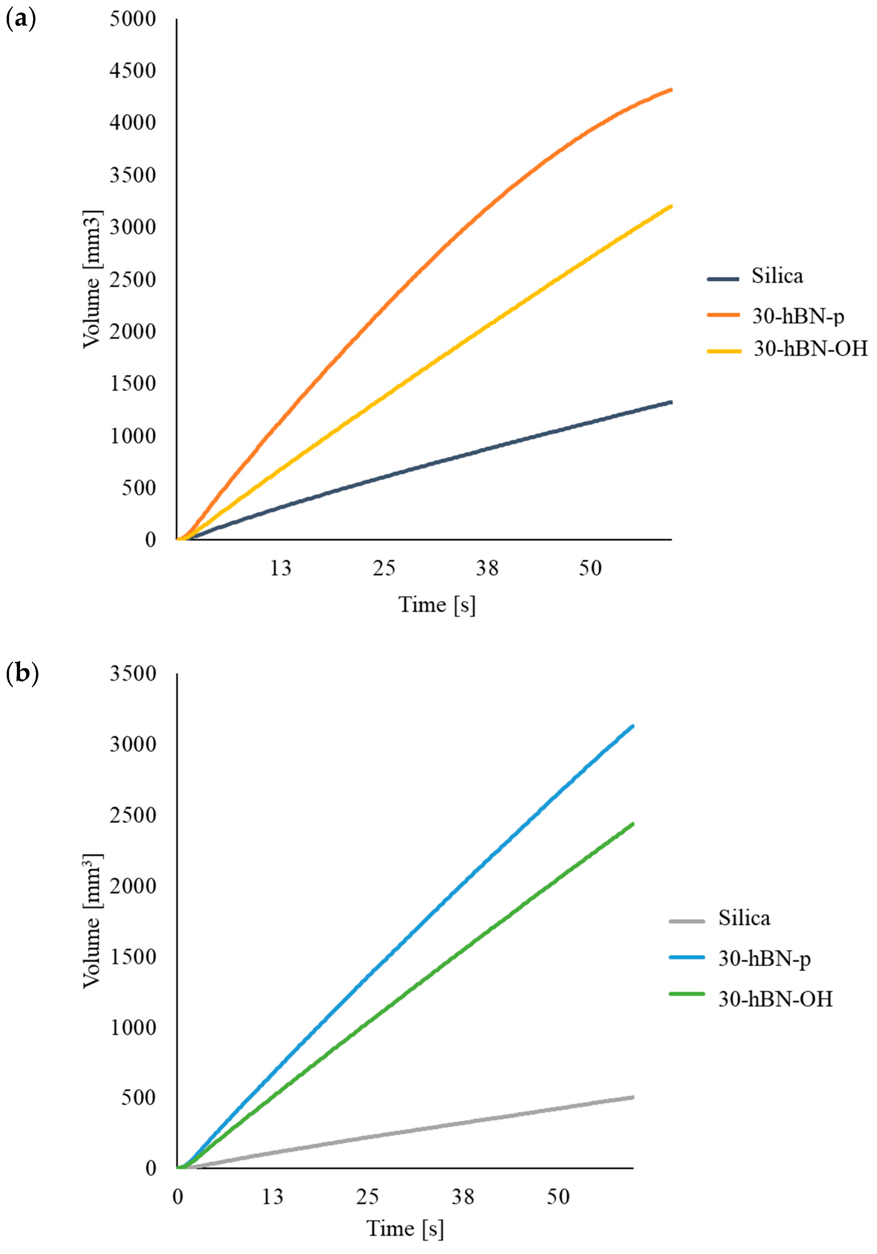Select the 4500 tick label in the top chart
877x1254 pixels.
pos(133,71)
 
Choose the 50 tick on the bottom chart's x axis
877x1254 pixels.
pos(558,1197)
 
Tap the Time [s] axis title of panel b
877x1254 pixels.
pos(405,1229)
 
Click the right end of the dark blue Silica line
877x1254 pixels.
pos(670,402)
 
